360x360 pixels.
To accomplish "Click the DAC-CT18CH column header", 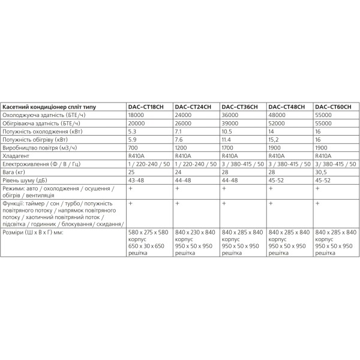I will coord(146,106).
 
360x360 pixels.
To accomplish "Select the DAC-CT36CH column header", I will coord(239,106).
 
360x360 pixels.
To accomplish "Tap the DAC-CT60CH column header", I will coord(333,106).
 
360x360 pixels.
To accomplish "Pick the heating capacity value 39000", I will coord(231,123).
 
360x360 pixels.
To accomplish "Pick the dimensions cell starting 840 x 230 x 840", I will coord(196,248).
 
